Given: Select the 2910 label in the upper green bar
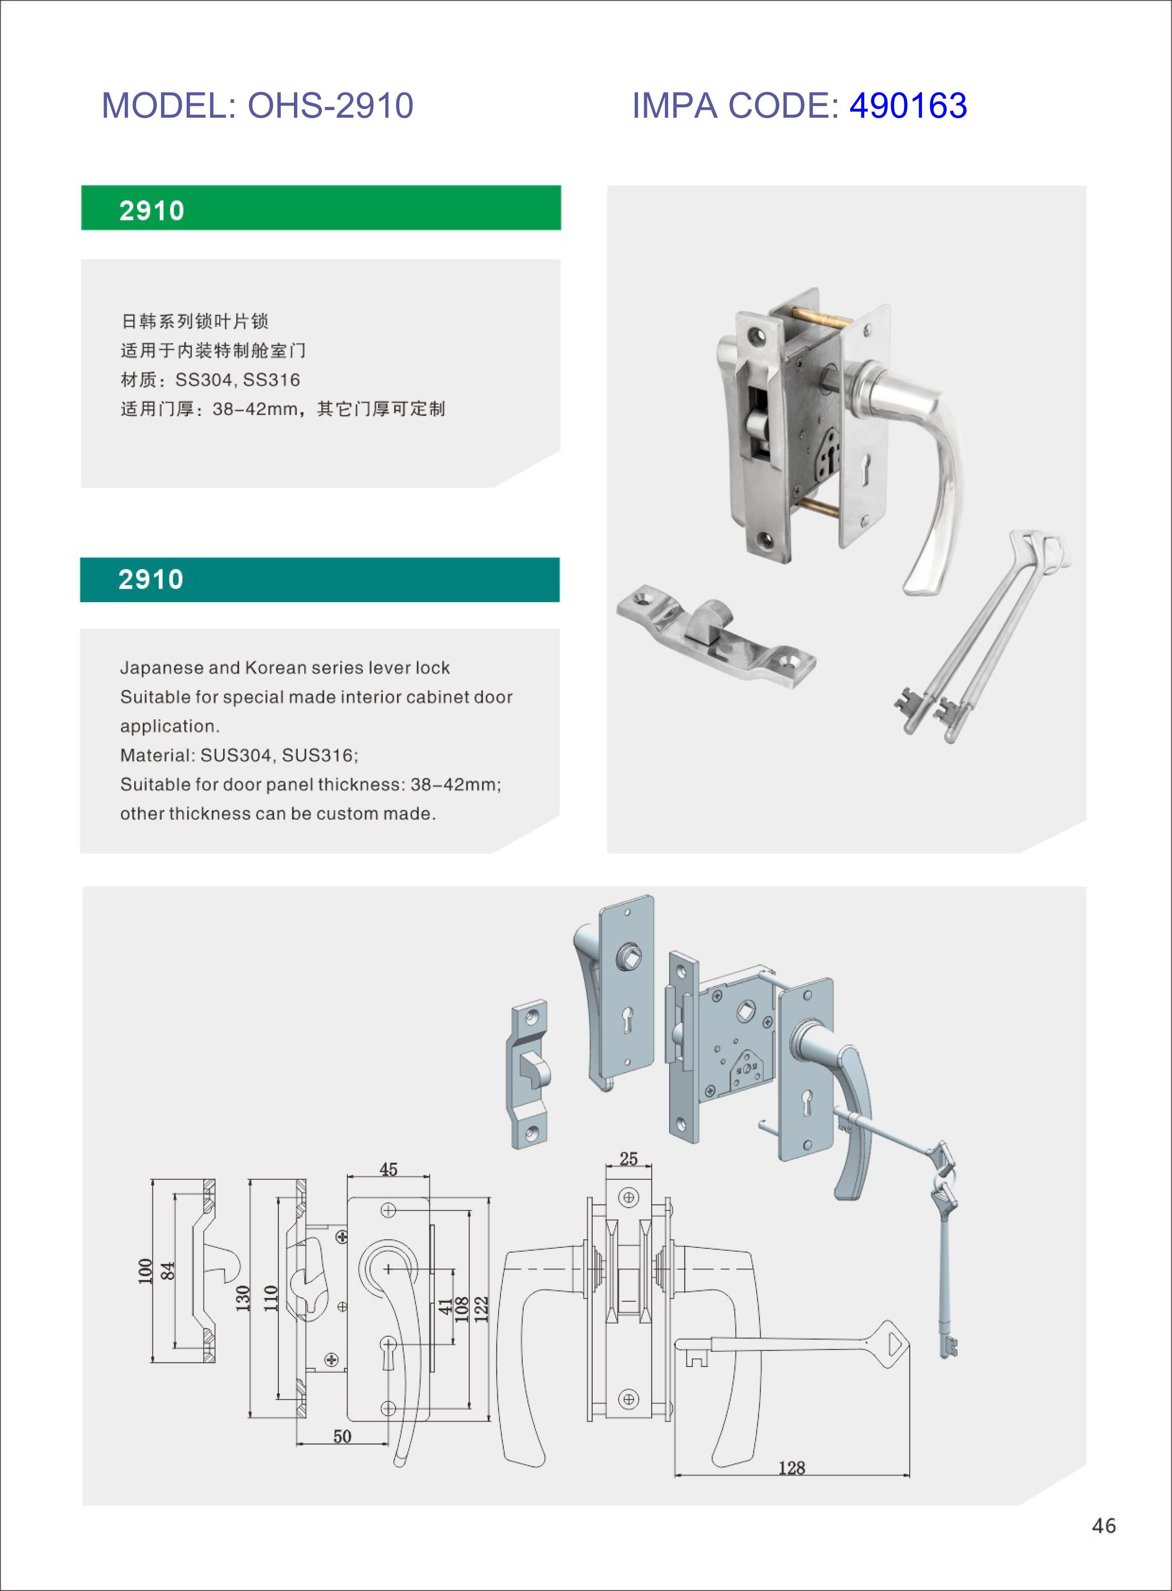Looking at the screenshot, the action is click(x=152, y=211).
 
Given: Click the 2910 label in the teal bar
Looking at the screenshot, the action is click(x=151, y=580).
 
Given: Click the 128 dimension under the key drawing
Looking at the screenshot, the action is click(x=792, y=1468).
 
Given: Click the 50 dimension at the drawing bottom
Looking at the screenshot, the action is click(x=342, y=1436).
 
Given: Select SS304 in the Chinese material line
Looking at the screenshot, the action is click(x=204, y=380).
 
